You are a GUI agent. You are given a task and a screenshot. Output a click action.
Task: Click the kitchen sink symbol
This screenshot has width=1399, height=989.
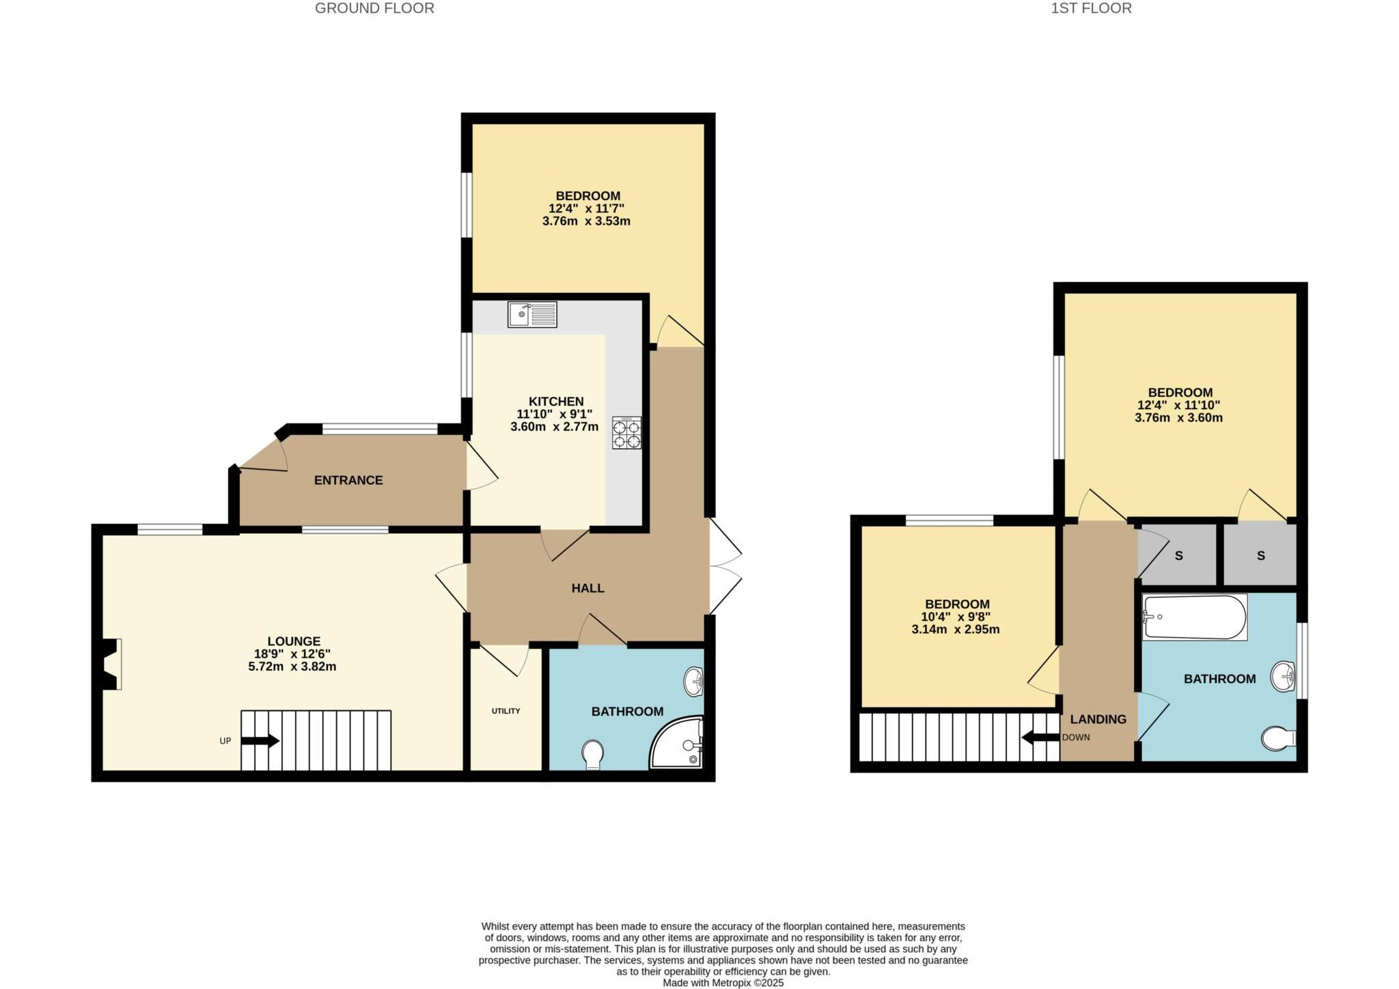pos(532,315)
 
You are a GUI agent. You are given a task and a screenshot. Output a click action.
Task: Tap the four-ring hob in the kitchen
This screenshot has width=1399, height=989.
pos(626,433)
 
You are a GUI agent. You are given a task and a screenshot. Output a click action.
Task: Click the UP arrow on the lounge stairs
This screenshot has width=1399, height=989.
pos(260,740)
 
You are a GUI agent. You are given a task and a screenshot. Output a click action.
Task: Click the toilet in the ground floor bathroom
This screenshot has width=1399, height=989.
pos(593,755)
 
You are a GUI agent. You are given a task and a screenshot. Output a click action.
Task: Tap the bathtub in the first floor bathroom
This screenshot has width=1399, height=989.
pos(1194,617)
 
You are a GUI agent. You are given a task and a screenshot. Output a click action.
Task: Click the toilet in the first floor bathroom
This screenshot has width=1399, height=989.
pos(1278,738)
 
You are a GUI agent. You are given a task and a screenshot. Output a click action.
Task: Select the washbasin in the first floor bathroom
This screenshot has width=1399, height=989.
pos(1284,677)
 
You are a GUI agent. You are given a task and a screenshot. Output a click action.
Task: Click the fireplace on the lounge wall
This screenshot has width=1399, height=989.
pos(111,664)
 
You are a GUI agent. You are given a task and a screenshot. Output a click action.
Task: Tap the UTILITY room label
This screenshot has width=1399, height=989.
pos(505,711)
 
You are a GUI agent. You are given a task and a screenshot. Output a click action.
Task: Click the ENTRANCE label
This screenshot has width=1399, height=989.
pos(348,480)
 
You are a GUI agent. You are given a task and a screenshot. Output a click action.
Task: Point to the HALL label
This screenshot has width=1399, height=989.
pos(587,588)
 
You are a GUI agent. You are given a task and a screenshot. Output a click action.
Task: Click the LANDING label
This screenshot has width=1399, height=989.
pos(1098,719)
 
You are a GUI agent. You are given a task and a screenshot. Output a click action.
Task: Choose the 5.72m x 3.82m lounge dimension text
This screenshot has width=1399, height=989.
pos(292,667)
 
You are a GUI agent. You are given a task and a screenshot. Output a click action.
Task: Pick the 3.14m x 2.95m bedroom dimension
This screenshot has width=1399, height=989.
pos(955,630)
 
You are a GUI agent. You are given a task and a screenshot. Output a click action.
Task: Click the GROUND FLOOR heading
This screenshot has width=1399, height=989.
pos(374,8)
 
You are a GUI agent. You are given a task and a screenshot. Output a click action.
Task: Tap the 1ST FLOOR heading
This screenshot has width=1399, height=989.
pos(1091,8)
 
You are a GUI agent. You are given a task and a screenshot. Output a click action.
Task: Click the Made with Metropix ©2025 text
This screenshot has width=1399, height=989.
pos(723,983)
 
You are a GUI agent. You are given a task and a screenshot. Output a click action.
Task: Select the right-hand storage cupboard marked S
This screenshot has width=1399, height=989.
pos(1260,556)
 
